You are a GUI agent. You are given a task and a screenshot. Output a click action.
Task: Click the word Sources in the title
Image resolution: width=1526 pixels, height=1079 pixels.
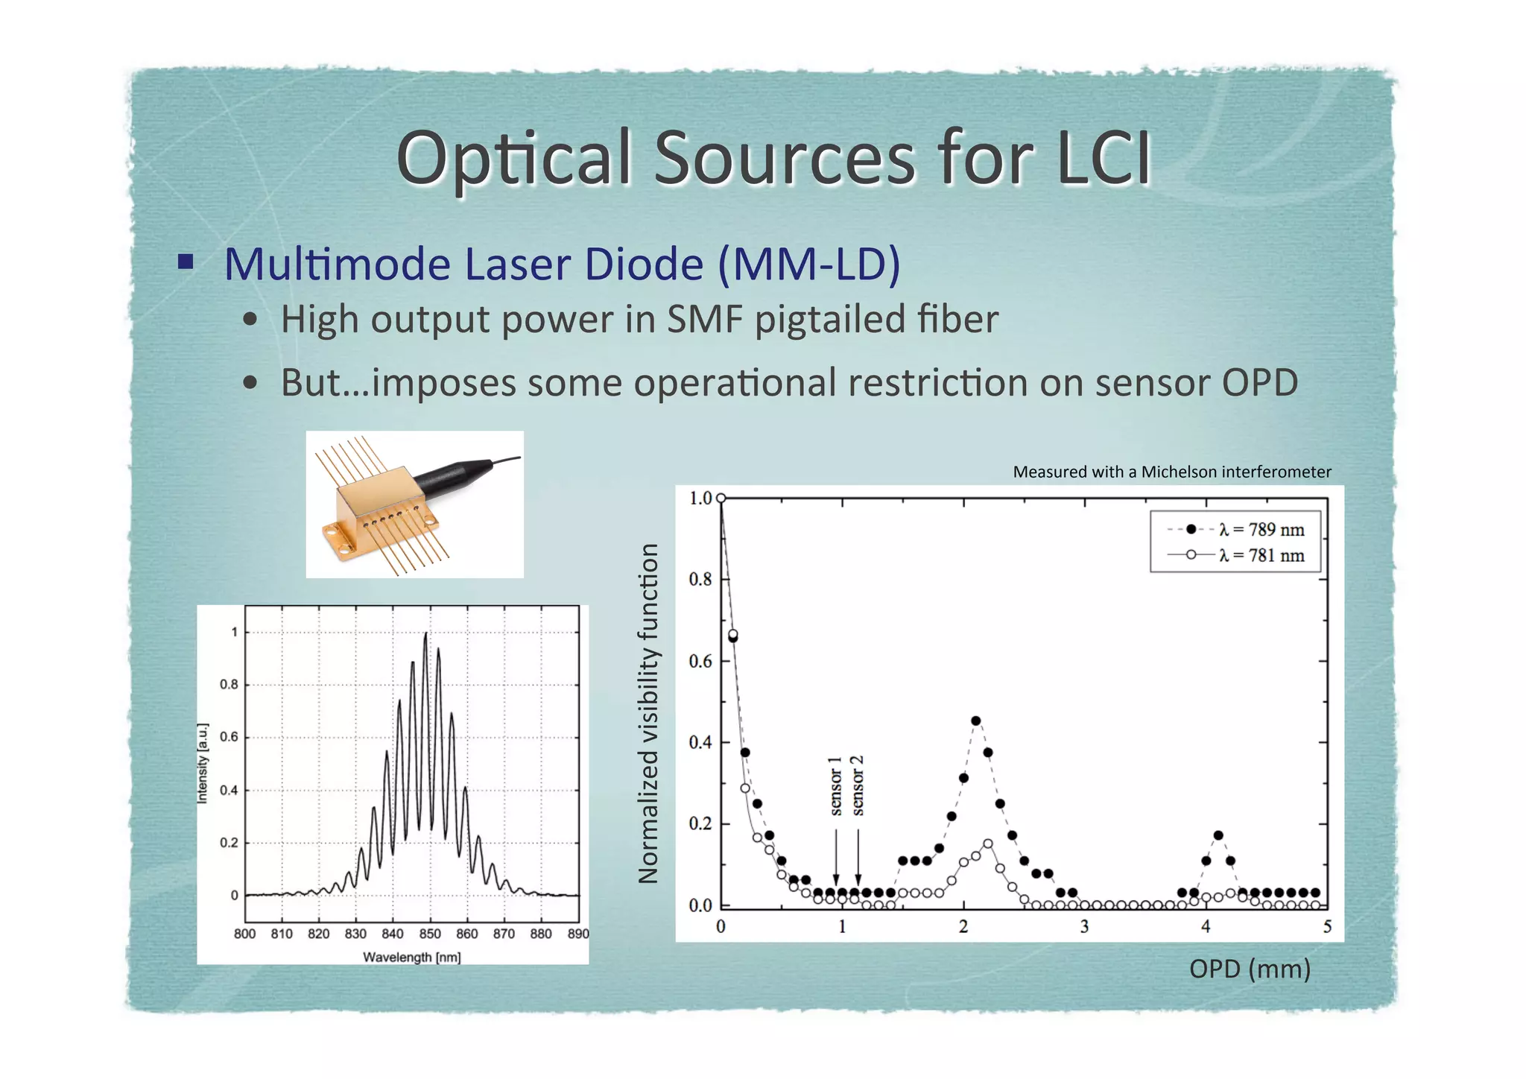[784, 159]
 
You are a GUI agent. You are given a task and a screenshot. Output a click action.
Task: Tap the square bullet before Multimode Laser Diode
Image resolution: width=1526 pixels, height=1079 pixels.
[186, 262]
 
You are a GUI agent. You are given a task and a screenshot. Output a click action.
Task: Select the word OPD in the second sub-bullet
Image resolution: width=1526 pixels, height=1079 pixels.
[1259, 382]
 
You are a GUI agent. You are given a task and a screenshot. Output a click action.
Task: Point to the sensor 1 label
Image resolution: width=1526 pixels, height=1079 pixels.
[836, 785]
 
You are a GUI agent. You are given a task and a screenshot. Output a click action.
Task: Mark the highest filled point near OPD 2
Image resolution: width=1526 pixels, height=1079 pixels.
[975, 721]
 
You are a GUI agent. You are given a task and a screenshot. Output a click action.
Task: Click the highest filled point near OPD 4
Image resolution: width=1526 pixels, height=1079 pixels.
[1218, 835]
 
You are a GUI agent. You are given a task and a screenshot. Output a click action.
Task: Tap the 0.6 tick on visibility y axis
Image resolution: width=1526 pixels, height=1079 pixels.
[700, 661]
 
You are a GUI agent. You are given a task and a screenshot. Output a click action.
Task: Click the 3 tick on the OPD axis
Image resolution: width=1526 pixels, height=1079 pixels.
[1084, 926]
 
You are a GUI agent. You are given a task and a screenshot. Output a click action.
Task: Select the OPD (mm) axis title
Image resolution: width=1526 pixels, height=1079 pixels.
[1250, 969]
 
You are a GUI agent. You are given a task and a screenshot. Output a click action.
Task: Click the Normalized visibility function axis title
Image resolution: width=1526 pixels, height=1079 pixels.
[649, 713]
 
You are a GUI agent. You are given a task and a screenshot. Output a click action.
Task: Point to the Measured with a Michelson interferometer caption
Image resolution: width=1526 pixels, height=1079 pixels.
[1171, 472]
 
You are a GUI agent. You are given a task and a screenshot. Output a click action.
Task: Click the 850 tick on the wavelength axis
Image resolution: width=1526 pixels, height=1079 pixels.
[430, 934]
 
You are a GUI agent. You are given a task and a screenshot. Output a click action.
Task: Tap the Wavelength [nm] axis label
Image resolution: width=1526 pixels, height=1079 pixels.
[411, 957]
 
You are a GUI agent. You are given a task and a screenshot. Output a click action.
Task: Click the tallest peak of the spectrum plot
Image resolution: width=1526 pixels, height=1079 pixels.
[425, 634]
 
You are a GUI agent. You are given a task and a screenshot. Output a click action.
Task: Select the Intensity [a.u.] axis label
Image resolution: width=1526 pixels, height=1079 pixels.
[202, 763]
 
